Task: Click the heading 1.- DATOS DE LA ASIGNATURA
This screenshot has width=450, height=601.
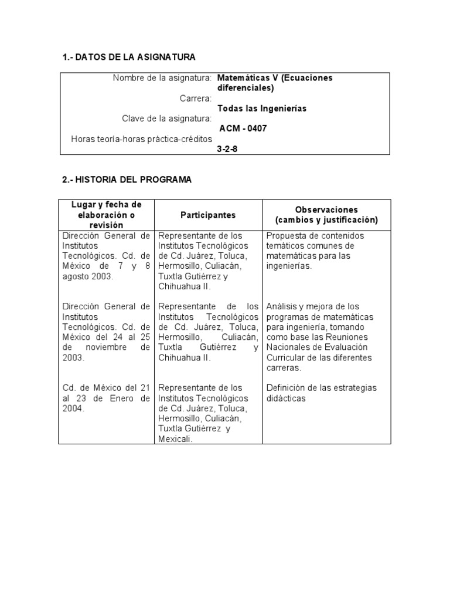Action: [128, 57]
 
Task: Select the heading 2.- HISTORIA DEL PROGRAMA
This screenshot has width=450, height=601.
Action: [127, 180]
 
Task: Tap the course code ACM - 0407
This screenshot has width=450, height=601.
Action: [243, 129]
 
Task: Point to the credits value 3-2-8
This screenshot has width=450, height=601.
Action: [227, 149]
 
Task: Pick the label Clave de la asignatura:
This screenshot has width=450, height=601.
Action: [166, 119]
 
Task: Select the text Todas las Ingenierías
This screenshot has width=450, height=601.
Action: [261, 108]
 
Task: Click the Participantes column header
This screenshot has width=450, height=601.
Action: [208, 215]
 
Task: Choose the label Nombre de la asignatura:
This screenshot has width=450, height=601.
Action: [162, 77]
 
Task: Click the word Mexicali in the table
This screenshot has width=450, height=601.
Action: [175, 438]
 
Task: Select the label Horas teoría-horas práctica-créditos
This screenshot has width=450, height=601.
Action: [141, 139]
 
